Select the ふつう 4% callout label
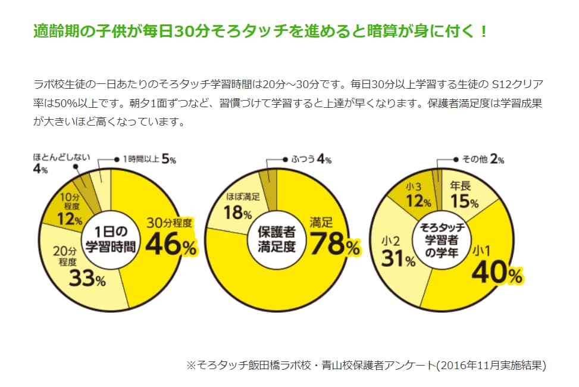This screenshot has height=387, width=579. pos(311,159)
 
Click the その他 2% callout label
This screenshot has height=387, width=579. pos(483,159)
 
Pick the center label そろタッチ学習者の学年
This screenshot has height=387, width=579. pos(442,238)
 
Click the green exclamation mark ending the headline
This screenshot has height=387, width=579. pos(482,31)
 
